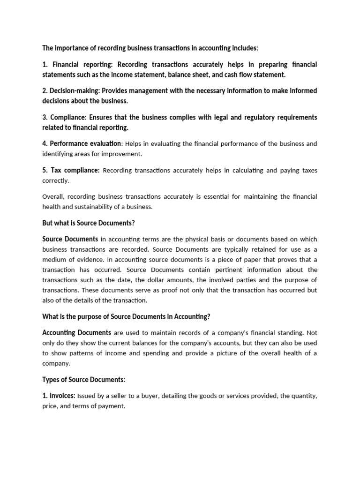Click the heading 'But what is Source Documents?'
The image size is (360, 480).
pos(89,223)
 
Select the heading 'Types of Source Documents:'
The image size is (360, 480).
pos(84,379)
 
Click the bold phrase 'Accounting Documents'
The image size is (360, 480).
pos(76,333)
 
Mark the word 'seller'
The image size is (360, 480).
pos(116,396)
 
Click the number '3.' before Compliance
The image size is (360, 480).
pos(45,117)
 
